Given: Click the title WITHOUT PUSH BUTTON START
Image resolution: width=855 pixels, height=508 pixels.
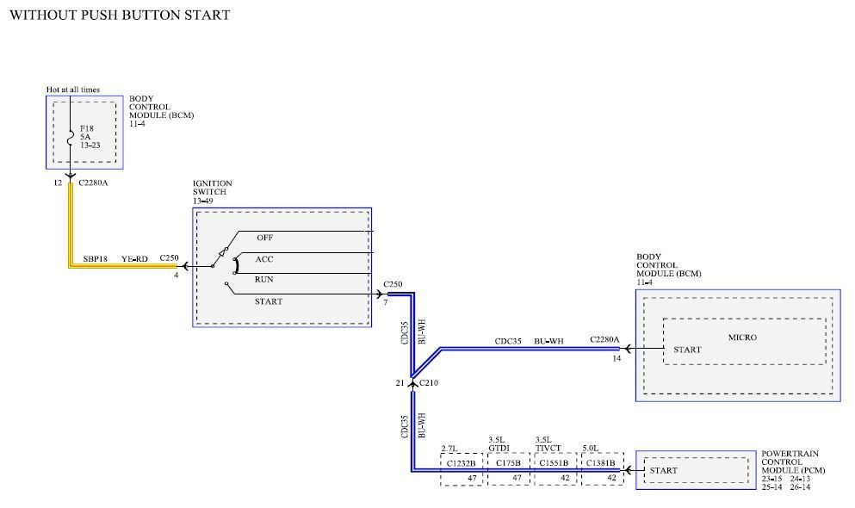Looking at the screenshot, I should [x=119, y=15].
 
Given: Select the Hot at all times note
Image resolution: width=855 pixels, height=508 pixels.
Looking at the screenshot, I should [x=72, y=90].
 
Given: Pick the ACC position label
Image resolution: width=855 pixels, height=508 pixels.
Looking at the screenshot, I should [x=264, y=258].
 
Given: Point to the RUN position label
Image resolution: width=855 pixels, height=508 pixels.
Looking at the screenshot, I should [x=264, y=280].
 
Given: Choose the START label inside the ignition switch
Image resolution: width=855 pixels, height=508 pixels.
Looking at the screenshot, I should [x=268, y=301].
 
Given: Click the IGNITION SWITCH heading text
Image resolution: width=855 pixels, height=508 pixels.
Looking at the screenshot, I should [x=213, y=188].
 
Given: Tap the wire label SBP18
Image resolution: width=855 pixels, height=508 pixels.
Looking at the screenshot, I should [x=95, y=257].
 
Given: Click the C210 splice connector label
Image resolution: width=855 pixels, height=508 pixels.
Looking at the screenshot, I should [x=429, y=382].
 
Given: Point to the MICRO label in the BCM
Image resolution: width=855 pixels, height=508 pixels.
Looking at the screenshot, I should [x=741, y=338].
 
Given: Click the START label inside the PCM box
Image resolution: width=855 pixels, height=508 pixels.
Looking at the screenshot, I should [x=664, y=471].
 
